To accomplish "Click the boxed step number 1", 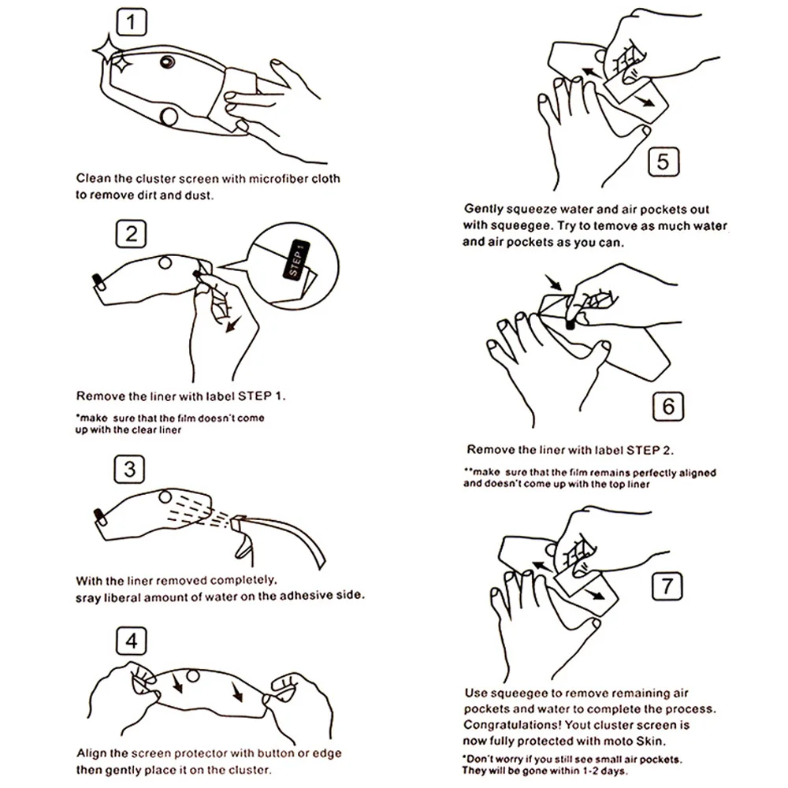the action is point(132,22).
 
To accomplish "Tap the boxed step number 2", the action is point(131,234).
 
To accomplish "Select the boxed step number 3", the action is point(130,470).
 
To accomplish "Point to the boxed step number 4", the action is point(131,641).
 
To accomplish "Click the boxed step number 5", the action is point(663,162).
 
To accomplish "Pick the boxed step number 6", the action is point(668,406).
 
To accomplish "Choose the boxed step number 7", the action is point(667,586).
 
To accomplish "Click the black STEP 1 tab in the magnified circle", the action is point(296,258).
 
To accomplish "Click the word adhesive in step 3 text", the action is point(302,596).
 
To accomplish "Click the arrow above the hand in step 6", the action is point(554,282).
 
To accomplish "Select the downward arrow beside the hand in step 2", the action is point(233,324).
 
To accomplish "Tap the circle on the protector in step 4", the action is point(193,676).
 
